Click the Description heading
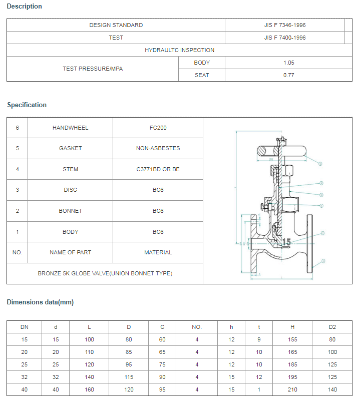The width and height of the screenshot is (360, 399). click(x=25, y=7)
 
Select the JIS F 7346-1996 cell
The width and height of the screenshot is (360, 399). click(x=285, y=25)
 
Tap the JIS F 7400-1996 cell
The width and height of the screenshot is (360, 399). click(x=285, y=38)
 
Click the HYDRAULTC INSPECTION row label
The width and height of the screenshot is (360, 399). click(x=179, y=50)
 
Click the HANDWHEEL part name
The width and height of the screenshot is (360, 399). click(x=70, y=128)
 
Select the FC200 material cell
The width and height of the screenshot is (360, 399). click(x=158, y=128)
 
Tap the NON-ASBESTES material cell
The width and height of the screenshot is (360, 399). click(x=158, y=148)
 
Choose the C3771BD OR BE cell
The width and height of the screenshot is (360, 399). click(x=158, y=169)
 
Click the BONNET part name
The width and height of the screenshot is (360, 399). click(x=70, y=211)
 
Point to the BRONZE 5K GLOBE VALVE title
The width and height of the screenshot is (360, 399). click(x=105, y=273)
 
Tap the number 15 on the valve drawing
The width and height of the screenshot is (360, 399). click(x=286, y=242)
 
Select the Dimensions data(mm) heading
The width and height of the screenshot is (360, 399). click(x=40, y=302)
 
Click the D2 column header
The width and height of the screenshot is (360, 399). click(x=332, y=327)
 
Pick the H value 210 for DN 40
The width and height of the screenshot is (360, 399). click(x=292, y=389)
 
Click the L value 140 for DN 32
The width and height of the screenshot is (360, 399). click(x=89, y=377)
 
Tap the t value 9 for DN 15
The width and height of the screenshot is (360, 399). click(x=259, y=339)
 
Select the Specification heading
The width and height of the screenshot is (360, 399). click(x=27, y=105)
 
